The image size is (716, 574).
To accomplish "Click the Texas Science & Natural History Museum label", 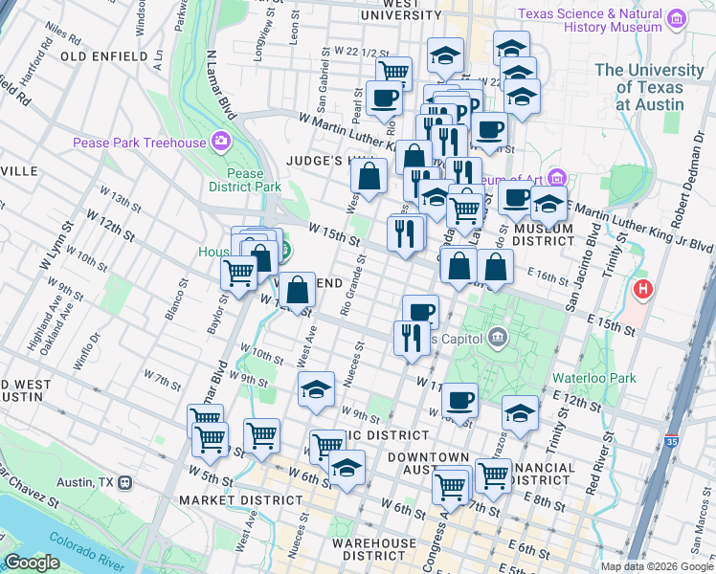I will pyautogui.click(x=590, y=20).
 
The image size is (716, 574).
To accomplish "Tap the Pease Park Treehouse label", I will pyautogui.click(x=140, y=143).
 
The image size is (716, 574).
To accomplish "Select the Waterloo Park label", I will pyautogui.click(x=594, y=378).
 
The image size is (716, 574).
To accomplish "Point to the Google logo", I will pyautogui.click(x=32, y=563).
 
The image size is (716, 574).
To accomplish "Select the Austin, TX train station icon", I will pyautogui.click(x=125, y=483).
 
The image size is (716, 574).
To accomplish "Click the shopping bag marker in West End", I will pyautogui.click(x=299, y=289).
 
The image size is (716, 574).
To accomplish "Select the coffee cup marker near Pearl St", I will pyautogui.click(x=384, y=99).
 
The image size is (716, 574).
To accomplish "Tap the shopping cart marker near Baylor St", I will pyautogui.click(x=238, y=273).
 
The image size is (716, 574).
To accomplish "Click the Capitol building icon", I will pyautogui.click(x=498, y=337).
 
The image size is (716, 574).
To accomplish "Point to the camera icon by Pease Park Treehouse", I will pyautogui.click(x=221, y=143).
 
